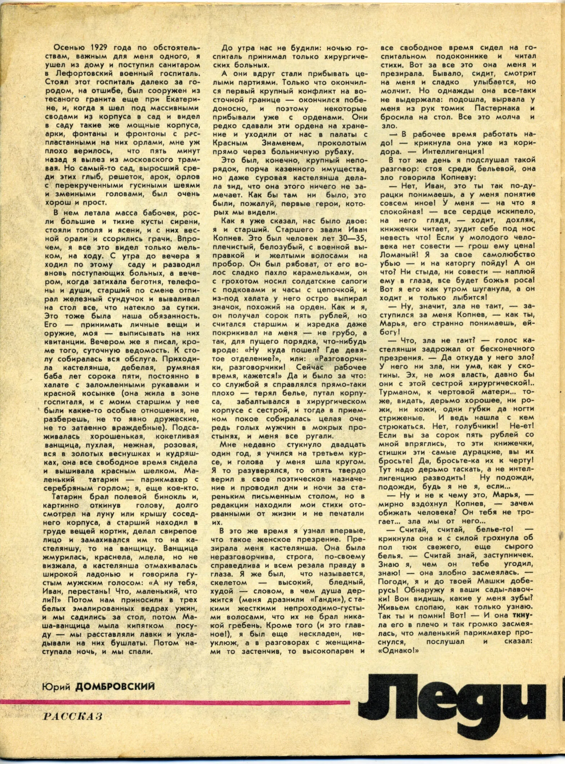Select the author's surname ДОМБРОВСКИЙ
[x=115, y=686]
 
